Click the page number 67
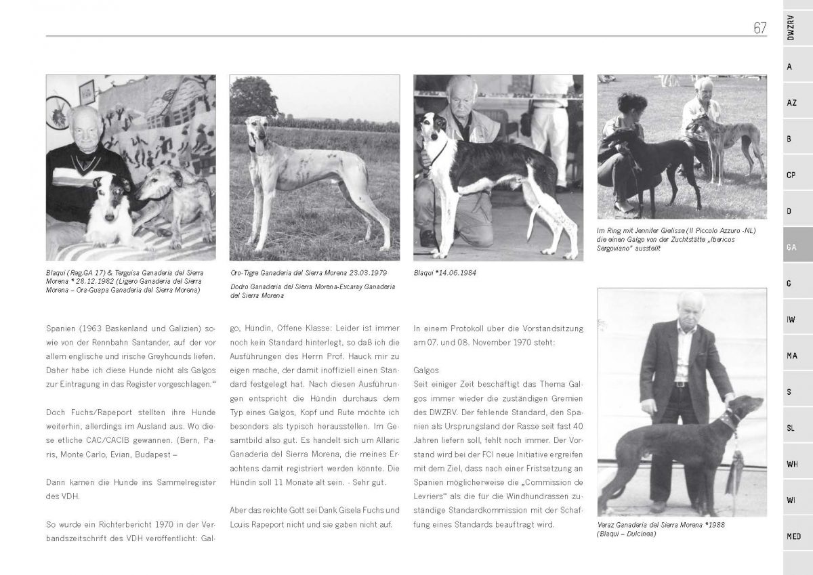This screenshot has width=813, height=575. (x=759, y=28)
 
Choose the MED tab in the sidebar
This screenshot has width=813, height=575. (x=793, y=536)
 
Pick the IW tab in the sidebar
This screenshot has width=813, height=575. (x=791, y=320)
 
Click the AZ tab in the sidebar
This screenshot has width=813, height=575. (x=791, y=103)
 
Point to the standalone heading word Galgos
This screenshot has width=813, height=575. (x=426, y=370)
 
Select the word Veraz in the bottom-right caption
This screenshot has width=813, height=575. (x=608, y=525)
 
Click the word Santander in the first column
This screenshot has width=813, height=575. (x=157, y=342)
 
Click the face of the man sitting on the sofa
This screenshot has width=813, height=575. (x=84, y=129)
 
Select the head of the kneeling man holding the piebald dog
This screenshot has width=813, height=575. (x=461, y=95)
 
